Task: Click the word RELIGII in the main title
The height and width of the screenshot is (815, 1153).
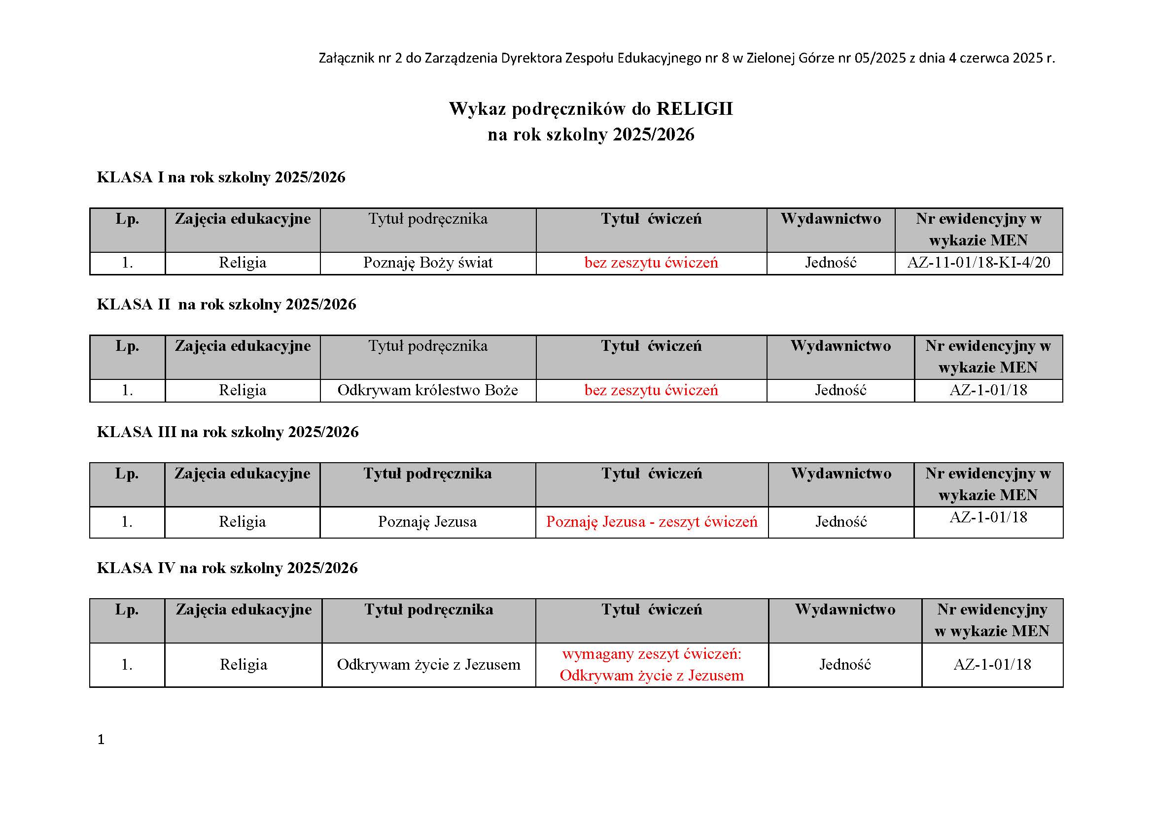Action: pos(695,109)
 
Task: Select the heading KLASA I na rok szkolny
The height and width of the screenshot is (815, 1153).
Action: pos(221,177)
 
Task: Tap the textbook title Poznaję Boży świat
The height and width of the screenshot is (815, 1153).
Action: pos(428,263)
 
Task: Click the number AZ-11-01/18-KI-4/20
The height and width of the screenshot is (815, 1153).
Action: pos(978,263)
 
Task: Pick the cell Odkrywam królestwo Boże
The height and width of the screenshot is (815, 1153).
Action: pos(428,390)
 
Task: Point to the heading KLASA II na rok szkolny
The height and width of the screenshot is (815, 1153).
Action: pos(226,305)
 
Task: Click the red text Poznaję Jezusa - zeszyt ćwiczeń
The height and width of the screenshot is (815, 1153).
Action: pos(651,522)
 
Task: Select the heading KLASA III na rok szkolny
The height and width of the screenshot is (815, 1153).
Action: pos(227,432)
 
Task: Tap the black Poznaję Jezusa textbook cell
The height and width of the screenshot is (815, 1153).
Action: pos(427,522)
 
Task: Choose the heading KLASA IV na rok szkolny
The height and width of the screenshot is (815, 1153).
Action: pos(227,568)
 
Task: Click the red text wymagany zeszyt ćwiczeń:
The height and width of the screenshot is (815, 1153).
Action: pos(651,654)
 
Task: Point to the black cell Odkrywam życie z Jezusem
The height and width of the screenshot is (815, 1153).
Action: pos(428,665)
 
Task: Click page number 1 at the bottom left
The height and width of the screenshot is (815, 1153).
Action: pos(101,740)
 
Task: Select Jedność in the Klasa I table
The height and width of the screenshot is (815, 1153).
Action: pos(831,263)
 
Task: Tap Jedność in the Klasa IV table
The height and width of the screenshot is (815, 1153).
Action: pos(845,665)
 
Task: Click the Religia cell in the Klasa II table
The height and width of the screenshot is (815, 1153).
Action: pos(243,390)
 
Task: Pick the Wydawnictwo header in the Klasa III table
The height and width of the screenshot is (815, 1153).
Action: pos(841,474)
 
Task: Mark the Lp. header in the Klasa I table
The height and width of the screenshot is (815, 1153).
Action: pos(127,219)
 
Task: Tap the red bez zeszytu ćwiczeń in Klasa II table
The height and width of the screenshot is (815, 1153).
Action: pos(651,390)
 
